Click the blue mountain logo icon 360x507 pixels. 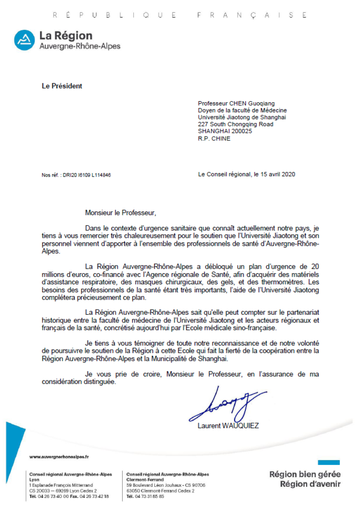coord(24,39)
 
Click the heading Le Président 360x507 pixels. coord(62,86)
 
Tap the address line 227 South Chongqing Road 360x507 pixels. coord(235,124)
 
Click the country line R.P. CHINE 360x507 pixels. coord(214,138)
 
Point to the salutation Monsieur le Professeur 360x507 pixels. coord(119,213)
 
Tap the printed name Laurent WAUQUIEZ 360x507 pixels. coord(228,425)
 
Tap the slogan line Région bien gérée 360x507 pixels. coord(305,474)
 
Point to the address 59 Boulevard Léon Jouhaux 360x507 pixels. coord(157,485)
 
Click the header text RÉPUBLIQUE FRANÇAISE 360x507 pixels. coord(179,16)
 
